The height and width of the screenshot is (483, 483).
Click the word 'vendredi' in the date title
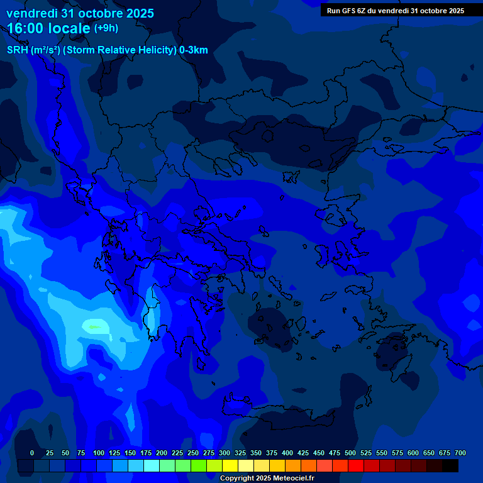[32, 13]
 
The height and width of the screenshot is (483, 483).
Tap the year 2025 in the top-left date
[136, 13]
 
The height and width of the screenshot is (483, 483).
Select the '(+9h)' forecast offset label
[106, 28]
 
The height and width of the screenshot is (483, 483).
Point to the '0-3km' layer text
[194, 50]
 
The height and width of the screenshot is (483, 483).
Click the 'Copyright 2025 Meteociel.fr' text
[267, 478]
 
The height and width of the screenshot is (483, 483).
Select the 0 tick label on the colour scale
[32, 453]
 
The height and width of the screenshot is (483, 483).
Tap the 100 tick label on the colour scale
[99, 453]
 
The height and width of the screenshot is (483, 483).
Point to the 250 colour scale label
[193, 453]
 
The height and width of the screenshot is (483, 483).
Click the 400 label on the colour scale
[287, 453]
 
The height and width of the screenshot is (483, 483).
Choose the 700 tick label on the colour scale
[460, 453]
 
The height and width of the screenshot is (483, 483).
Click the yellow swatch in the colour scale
[230, 466]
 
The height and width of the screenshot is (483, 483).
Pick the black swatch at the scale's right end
[450, 466]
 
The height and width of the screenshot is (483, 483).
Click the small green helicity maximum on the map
[94, 327]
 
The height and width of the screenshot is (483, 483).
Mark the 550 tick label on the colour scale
[382, 453]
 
